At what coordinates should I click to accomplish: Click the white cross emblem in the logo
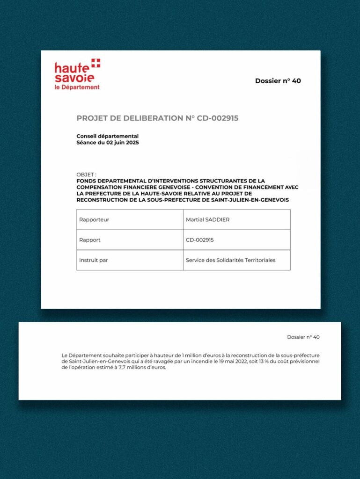96,63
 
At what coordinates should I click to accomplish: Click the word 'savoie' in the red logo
74,78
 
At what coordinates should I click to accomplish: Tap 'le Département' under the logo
77,87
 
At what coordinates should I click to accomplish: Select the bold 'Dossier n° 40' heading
278,80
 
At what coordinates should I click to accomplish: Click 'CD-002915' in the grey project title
218,118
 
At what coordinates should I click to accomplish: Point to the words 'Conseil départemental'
107,136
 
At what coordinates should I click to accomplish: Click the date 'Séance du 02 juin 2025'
108,142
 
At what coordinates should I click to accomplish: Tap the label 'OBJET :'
86,174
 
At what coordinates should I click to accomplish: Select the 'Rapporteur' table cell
94,219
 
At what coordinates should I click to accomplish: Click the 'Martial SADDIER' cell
207,219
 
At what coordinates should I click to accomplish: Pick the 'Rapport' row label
90,240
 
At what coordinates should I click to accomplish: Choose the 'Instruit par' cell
94,260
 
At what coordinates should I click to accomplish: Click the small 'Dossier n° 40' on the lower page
303,337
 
